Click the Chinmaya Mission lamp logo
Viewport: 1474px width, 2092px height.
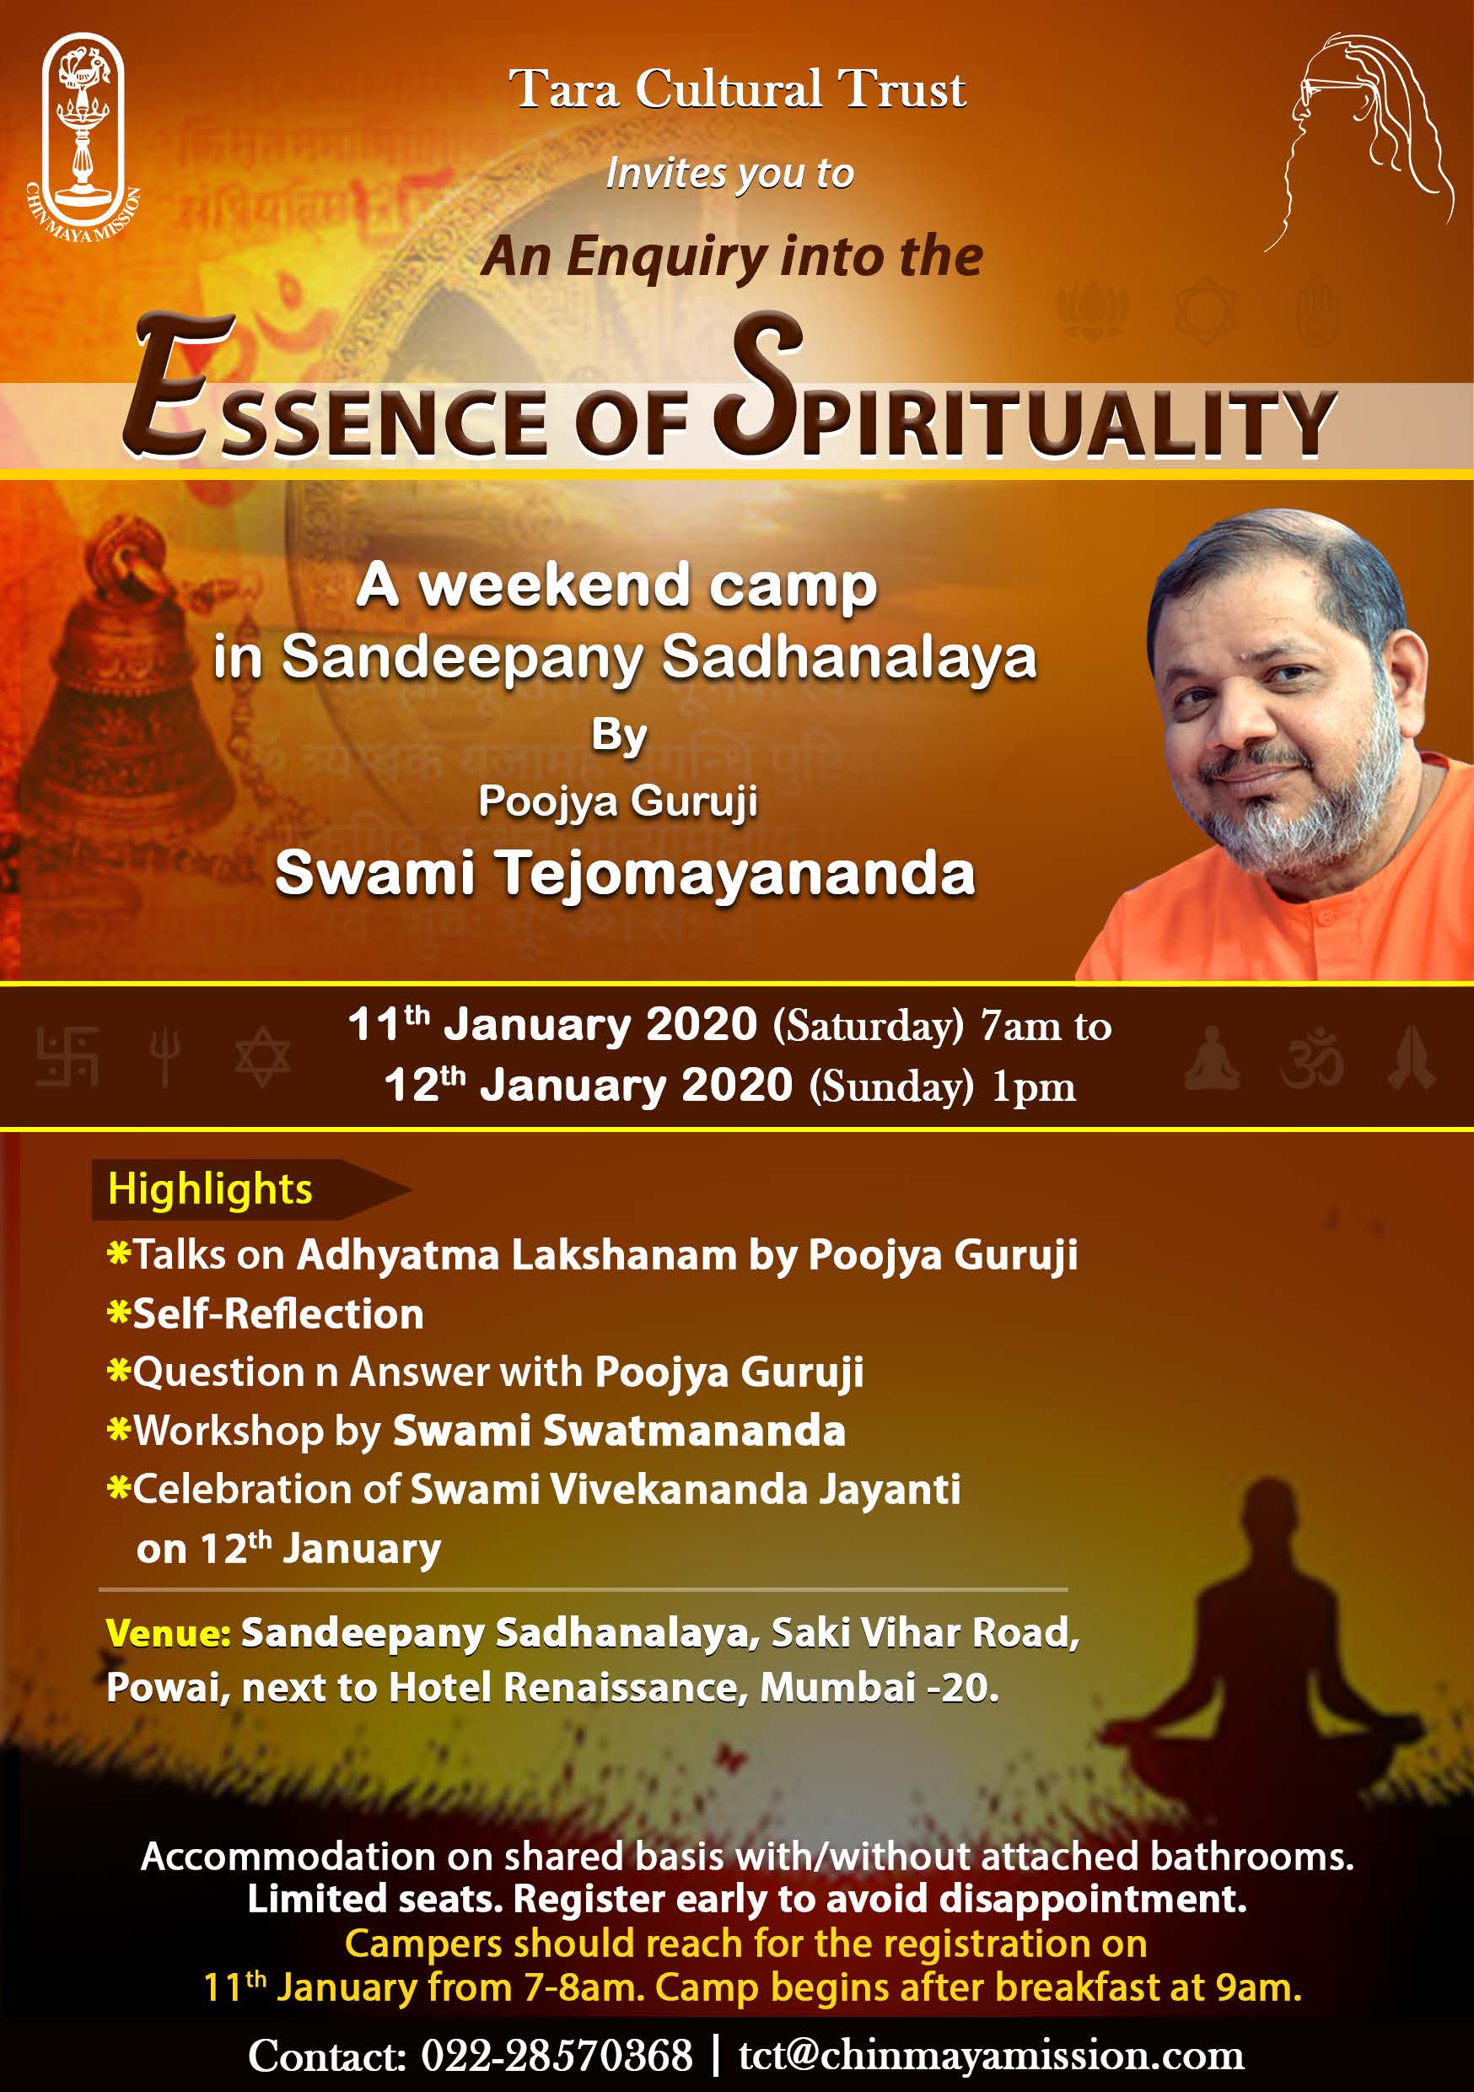(x=82, y=137)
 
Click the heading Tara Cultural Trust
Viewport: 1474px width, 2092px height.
(x=737, y=89)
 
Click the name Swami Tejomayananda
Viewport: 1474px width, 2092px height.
(x=625, y=874)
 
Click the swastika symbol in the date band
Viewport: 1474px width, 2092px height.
(x=67, y=1057)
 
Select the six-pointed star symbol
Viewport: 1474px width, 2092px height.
(x=262, y=1057)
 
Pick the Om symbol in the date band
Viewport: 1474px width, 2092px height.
(x=1311, y=1059)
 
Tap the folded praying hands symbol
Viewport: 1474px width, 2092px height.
(x=1411, y=1058)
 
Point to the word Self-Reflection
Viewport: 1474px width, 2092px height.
(x=279, y=1314)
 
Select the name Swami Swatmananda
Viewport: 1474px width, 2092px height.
(x=619, y=1431)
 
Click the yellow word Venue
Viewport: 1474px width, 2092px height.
(x=169, y=1632)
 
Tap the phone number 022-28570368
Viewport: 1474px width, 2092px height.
(x=557, y=2056)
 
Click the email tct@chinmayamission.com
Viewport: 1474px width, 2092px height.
(x=991, y=2056)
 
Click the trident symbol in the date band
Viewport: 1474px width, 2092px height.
(x=165, y=1057)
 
